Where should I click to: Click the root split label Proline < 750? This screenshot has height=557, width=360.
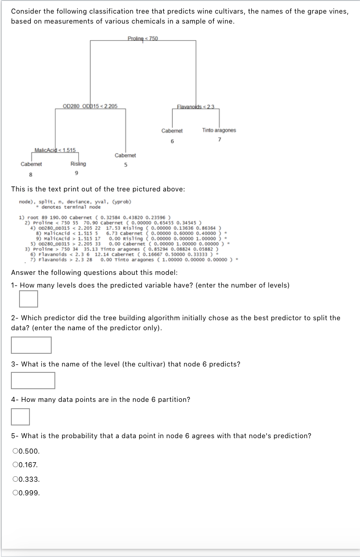click(143, 38)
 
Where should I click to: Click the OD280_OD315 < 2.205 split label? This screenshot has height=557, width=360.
click(90, 106)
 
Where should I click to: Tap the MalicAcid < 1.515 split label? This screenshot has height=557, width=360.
click(55, 150)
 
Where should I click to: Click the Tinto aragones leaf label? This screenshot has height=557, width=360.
click(219, 130)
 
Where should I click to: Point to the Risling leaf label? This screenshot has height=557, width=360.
click(78, 164)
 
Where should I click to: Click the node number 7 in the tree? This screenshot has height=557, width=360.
click(219, 139)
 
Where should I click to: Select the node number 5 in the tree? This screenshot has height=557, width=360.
click(125, 165)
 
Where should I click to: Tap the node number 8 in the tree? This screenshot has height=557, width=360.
click(31, 173)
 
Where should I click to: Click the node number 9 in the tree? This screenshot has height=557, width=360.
click(77, 173)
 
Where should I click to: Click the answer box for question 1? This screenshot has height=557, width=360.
click(29, 299)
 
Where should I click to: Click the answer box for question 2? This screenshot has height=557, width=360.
click(31, 345)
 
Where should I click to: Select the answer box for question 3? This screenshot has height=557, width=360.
click(33, 381)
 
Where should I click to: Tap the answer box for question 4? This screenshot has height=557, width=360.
click(20, 417)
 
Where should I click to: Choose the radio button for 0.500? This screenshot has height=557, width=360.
click(16, 451)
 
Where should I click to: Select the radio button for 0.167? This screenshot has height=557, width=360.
click(16, 465)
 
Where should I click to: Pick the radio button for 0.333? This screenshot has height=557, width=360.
click(16, 479)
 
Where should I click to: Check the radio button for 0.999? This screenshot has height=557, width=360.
click(16, 493)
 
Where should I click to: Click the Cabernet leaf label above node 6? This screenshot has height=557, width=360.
click(172, 131)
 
